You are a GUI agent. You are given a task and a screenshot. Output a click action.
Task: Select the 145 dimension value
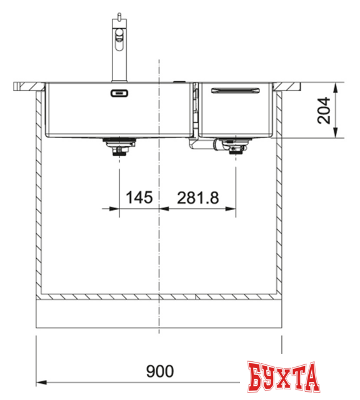pyautogui.click(x=139, y=197)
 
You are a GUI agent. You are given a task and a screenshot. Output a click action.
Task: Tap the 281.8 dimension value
pyautogui.click(x=198, y=197)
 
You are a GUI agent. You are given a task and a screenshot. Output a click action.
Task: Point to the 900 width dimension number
pyautogui.click(x=159, y=371)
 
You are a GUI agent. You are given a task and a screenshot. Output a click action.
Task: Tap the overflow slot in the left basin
pyautogui.click(x=119, y=94)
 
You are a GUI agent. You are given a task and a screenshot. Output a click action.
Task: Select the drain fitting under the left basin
pyautogui.click(x=117, y=148)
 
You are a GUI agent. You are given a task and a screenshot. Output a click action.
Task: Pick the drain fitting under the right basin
pyautogui.click(x=235, y=148)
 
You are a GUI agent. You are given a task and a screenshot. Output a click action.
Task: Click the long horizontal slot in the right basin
pyautogui.click(x=236, y=91)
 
